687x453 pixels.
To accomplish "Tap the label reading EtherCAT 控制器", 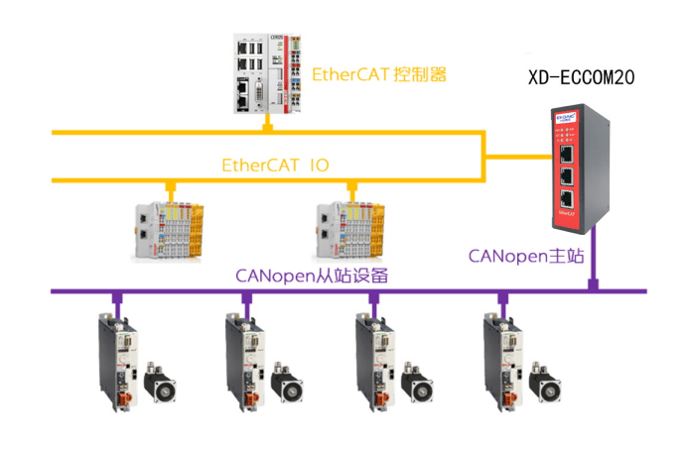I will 379,74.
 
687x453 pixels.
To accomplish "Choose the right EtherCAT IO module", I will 349,230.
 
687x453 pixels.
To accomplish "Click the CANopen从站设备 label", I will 310,276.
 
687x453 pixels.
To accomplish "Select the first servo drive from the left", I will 117,361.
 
